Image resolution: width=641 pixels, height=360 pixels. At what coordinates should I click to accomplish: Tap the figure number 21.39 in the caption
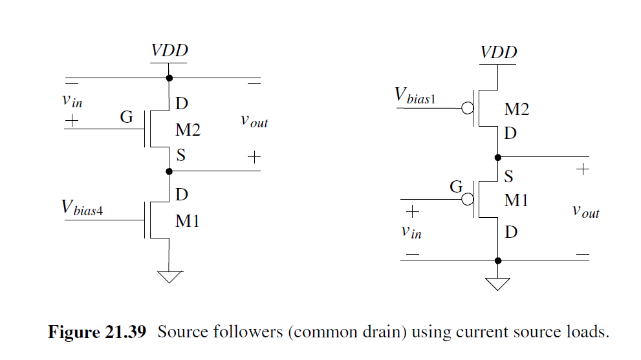124,332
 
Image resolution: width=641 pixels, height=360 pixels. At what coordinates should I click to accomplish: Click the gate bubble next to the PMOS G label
467,200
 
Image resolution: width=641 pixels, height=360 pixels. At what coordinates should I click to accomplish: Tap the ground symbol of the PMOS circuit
497,284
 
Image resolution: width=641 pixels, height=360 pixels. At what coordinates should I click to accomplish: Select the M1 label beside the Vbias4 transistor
188,221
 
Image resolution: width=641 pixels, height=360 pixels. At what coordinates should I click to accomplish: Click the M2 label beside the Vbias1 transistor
516,109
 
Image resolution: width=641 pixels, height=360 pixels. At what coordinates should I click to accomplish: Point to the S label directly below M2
180,156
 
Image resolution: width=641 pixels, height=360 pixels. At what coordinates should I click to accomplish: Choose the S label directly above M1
509,176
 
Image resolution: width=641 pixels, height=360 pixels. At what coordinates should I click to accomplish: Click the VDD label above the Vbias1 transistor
499,52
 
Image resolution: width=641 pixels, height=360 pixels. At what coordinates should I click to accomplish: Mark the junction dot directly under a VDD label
169,78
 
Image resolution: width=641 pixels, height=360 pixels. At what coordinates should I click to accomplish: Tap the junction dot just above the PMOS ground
497,260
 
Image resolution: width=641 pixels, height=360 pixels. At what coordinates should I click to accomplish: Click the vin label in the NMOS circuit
72,100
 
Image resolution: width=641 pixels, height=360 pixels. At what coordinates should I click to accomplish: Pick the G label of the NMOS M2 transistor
126,117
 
